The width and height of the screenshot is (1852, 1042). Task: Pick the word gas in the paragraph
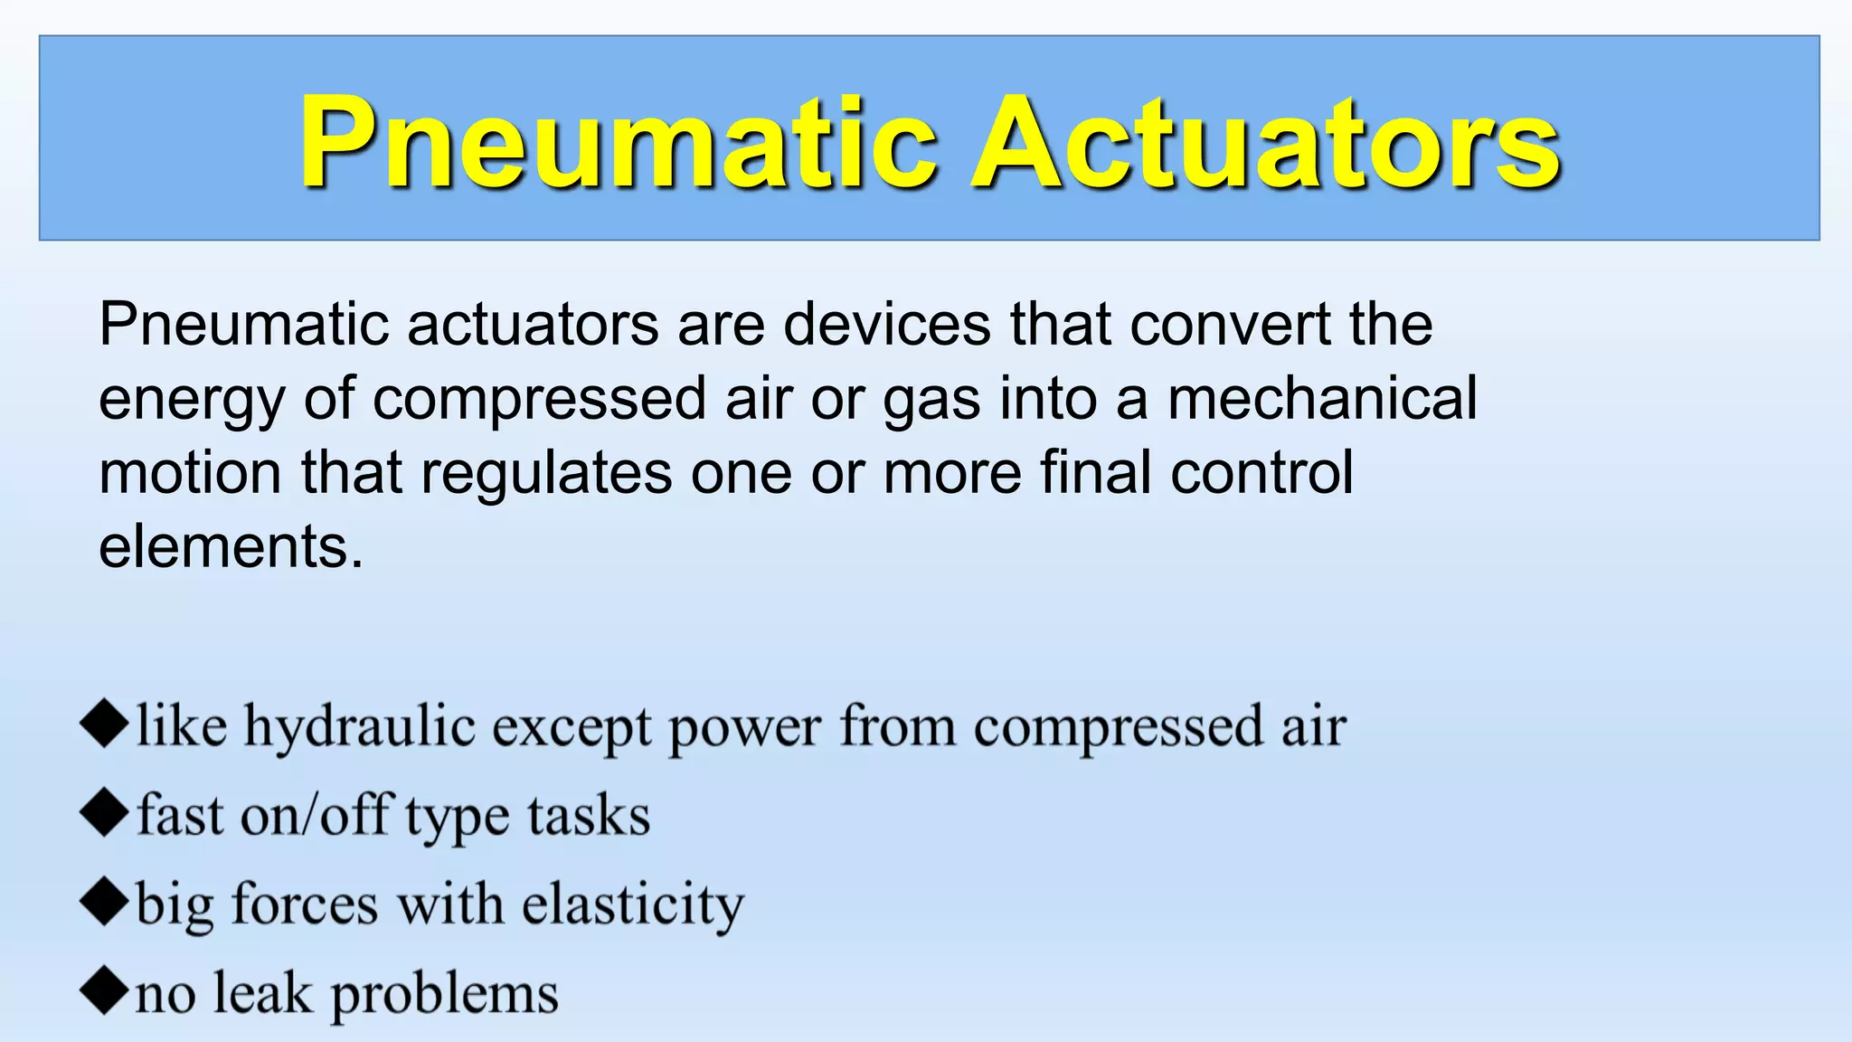931,400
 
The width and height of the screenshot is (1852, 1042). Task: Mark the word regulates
546,473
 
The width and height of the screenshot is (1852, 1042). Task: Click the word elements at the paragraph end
230,546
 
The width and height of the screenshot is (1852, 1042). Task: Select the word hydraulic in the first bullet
360,727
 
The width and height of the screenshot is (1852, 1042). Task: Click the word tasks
589,815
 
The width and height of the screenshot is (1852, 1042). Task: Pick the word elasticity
633,905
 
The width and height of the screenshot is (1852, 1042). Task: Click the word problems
444,995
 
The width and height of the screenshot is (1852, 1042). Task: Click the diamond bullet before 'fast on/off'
104,813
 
